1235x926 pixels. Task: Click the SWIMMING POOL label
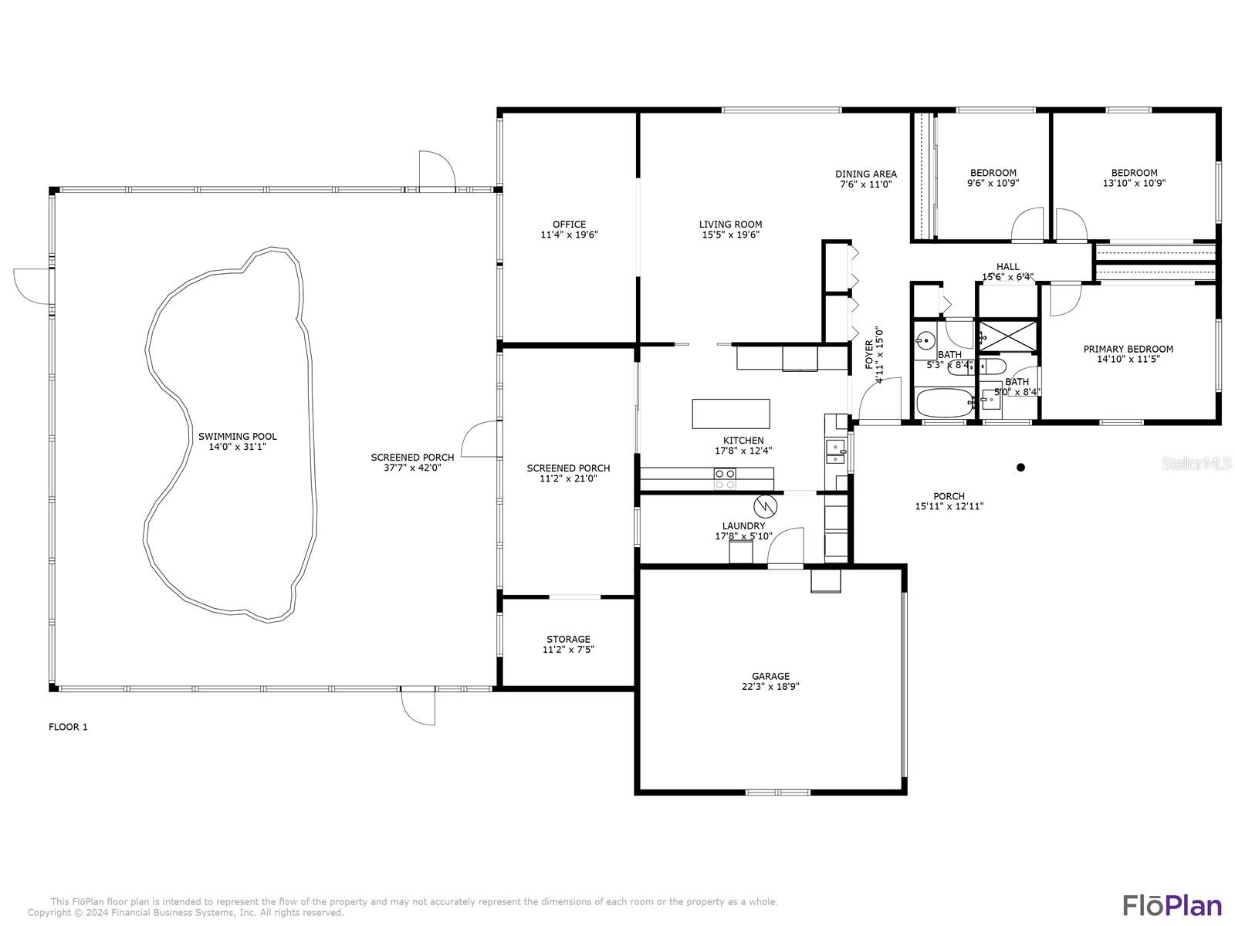238,436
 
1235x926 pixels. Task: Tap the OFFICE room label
569,225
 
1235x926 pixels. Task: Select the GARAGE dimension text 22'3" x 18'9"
770,686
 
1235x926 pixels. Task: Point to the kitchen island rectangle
730,414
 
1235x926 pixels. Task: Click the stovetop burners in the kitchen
725,478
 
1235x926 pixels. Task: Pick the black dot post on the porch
1020,467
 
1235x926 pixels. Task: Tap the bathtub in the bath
945,403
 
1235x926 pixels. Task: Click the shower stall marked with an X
1008,336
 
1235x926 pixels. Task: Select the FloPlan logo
1172,904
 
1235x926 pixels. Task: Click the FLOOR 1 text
68,727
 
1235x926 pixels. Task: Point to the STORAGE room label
568,639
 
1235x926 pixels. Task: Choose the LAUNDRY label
743,526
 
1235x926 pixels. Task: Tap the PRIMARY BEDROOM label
1128,349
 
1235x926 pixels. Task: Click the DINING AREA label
866,174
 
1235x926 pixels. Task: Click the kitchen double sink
835,451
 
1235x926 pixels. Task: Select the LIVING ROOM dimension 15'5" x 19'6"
730,235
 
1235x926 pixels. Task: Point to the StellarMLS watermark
1196,463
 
